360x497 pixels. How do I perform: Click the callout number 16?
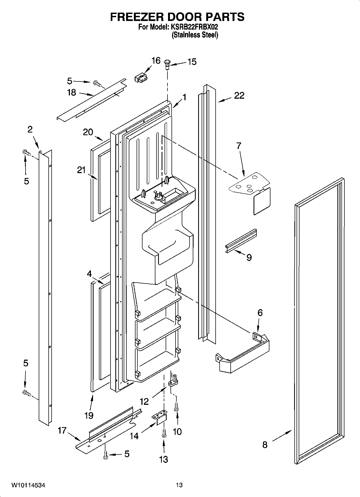click(156, 60)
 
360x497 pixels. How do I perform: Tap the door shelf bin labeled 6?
click(243, 355)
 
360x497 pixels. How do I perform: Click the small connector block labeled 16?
click(141, 78)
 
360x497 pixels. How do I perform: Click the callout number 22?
click(239, 95)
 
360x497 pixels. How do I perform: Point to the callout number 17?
click(62, 431)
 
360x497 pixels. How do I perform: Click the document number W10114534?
click(28, 485)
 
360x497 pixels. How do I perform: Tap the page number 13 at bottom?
click(179, 485)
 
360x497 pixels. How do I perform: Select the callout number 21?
click(81, 170)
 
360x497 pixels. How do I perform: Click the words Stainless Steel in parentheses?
click(195, 35)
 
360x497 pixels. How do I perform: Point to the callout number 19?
click(89, 415)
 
